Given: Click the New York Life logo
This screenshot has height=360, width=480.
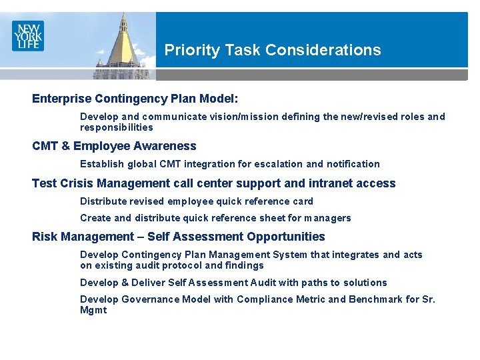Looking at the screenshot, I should point(27,35).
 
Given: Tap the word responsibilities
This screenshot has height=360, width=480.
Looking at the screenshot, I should point(117,127).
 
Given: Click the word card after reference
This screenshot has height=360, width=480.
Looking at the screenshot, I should point(303,201).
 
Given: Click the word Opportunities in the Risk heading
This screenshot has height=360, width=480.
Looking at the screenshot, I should point(285,237).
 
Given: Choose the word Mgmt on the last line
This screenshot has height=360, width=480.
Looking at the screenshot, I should point(93,310).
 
